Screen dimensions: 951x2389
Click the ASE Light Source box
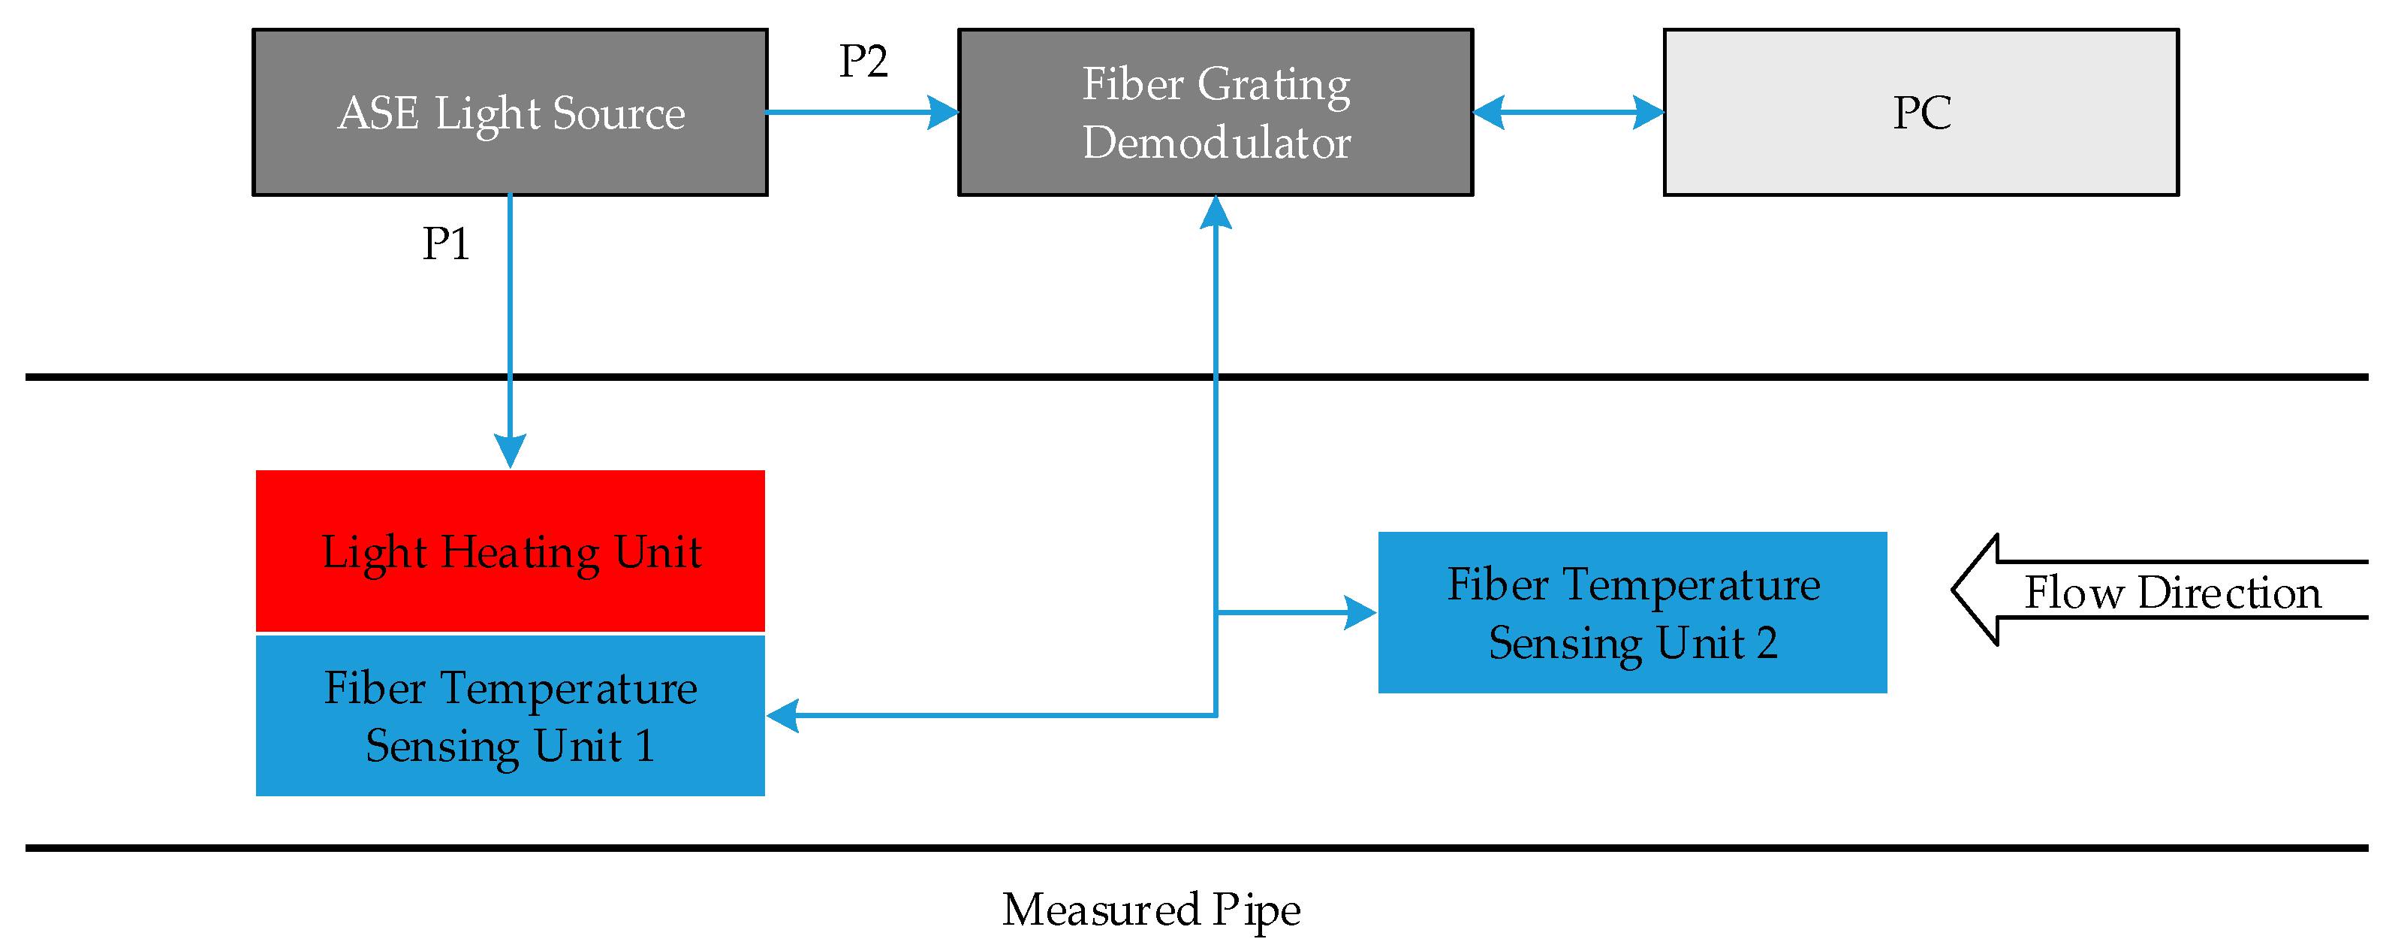510,112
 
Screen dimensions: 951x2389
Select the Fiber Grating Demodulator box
1215,112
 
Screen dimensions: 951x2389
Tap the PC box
1921,112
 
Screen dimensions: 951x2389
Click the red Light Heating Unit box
510,551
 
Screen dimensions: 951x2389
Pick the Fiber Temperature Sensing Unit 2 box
1632,612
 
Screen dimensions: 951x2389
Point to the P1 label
445,244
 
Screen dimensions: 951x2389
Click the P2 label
863,62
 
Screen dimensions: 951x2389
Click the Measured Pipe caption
1151,909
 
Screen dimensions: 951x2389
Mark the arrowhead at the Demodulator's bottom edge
1216,213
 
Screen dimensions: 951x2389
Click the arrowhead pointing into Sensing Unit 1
784,715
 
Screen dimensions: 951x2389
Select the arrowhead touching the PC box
1648,112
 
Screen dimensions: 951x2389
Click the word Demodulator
1216,143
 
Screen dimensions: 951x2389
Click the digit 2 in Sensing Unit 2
1767,643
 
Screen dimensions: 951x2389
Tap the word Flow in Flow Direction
2074,592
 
